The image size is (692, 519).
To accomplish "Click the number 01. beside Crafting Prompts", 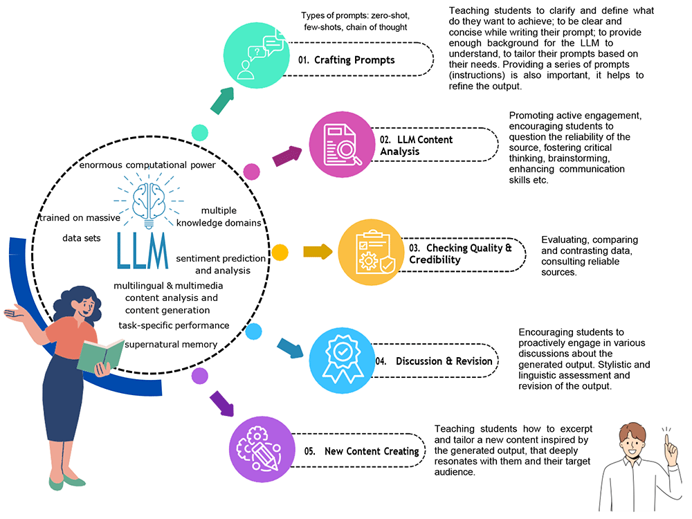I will (x=304, y=60).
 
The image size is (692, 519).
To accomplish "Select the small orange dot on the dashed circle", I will (x=280, y=252).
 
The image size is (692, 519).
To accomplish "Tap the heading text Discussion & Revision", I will (x=444, y=361).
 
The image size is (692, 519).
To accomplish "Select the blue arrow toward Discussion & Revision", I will (x=290, y=347).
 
